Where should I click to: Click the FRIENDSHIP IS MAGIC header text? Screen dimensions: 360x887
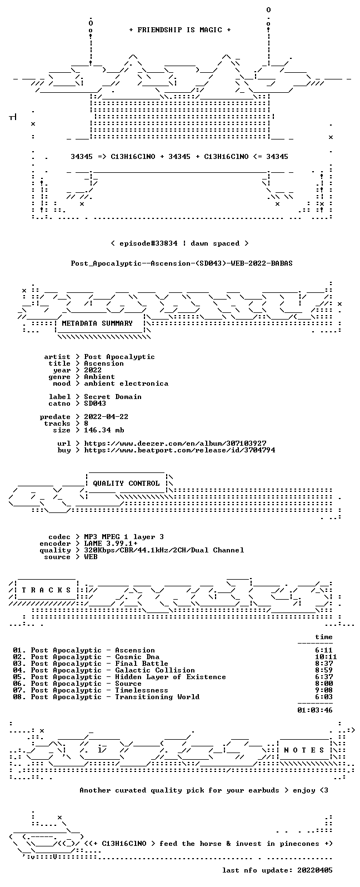coord(180,30)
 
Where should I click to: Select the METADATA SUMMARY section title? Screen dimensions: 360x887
coord(97,323)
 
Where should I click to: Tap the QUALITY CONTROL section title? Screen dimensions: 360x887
coord(126,484)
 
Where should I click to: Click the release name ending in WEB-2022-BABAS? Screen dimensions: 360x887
coord(182,264)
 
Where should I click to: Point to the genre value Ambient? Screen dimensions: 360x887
coord(99,377)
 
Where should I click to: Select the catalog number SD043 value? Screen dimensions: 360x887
coord(95,403)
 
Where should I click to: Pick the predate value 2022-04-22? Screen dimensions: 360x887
coord(106,417)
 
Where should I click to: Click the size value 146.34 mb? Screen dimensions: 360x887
coord(104,430)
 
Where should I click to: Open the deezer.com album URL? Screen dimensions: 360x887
coord(175,443)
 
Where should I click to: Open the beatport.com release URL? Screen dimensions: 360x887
coord(179,450)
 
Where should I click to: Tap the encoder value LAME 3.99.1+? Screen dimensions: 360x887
coord(111,544)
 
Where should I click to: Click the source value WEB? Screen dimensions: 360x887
coord(91,557)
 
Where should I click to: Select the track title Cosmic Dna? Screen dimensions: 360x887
coord(137,657)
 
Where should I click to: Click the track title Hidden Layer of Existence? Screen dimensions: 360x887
coord(171,677)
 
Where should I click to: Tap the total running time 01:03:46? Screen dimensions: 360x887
coord(315,710)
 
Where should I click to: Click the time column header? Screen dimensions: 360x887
coord(323,637)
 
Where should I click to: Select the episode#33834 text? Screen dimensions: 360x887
coord(148,243)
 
